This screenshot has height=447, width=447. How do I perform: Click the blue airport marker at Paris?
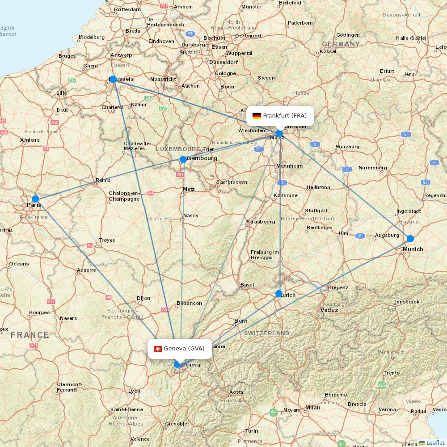click(35, 199)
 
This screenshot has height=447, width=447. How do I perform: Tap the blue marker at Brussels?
click(113, 79)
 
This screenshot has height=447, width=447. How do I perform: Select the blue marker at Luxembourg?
click(183, 160)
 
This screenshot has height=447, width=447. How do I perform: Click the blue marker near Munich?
click(410, 238)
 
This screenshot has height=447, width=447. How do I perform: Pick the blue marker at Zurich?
click(279, 294)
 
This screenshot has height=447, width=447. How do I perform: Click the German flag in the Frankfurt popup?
click(257, 116)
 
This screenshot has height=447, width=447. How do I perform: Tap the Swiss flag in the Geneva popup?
click(157, 349)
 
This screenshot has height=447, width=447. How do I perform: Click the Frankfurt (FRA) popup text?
click(285, 116)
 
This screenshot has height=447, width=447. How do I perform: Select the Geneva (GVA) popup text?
click(184, 349)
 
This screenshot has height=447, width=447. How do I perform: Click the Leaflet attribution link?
click(435, 443)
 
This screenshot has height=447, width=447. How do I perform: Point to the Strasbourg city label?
click(261, 222)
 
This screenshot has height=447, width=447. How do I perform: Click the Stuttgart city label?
click(316, 211)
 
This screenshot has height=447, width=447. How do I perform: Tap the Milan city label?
click(312, 407)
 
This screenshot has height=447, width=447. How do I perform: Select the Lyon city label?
click(134, 391)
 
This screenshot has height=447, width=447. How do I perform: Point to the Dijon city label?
click(143, 298)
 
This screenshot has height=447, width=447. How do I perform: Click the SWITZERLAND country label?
click(266, 333)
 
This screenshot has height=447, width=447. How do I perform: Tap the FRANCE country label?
click(30, 335)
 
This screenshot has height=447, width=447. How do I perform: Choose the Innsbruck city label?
click(407, 302)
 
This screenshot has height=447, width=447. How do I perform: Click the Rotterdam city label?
click(127, 9)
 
